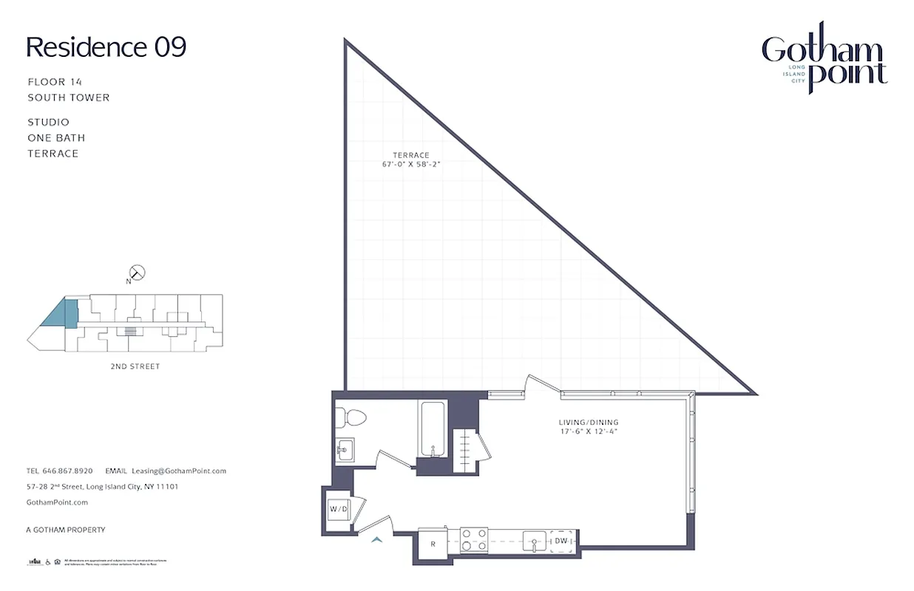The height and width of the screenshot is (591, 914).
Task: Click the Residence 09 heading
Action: tap(106, 47)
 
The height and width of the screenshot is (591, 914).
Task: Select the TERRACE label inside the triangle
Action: tap(411, 155)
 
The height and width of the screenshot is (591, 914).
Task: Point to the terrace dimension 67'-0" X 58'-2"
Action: tap(411, 164)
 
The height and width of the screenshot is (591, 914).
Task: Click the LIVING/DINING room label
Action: tap(589, 423)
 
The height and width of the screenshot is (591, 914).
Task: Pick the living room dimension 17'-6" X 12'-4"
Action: tap(589, 431)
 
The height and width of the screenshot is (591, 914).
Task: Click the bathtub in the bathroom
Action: tap(431, 429)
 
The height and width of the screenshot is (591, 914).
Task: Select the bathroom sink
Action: tap(344, 449)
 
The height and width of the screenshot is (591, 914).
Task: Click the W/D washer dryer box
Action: tap(339, 509)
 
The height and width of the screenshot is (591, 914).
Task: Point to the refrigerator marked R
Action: tap(433, 544)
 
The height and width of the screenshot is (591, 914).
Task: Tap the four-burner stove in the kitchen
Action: tap(473, 540)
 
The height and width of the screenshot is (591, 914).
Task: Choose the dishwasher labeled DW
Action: tap(561, 541)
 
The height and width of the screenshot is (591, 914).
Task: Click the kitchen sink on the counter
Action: tap(534, 541)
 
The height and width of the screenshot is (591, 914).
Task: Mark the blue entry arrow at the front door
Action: tap(377, 540)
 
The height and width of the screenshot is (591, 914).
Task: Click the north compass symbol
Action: tap(136, 273)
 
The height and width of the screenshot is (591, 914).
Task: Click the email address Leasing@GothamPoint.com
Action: tap(178, 471)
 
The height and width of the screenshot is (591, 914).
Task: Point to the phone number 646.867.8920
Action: tap(67, 471)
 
